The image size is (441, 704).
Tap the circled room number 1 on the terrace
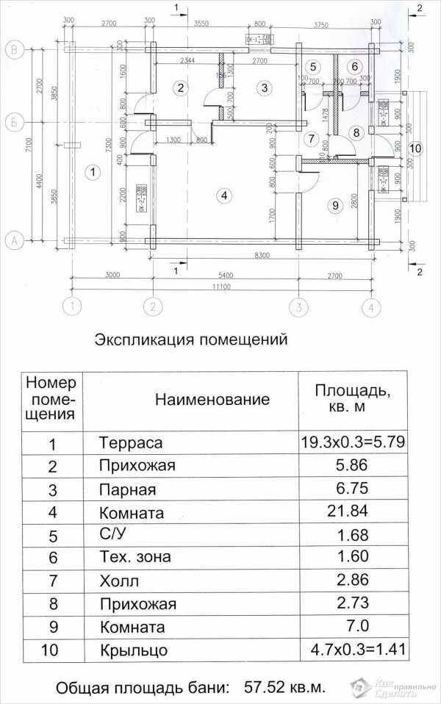pyautogui.click(x=93, y=173)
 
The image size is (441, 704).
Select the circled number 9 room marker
pyautogui.click(x=334, y=206)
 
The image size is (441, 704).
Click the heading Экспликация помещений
pyautogui.click(x=188, y=340)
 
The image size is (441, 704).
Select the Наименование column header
pyautogui.click(x=212, y=400)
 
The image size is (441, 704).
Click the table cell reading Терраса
pyautogui.click(x=130, y=443)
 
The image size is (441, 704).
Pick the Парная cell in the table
pyautogui.click(x=127, y=489)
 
